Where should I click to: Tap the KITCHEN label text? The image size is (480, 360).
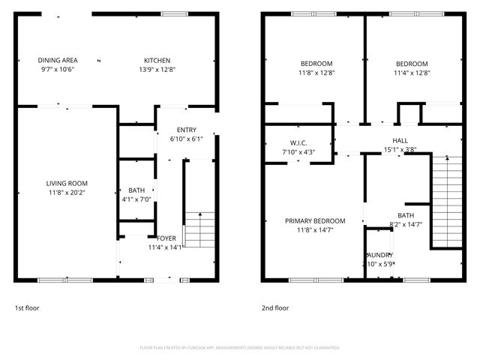pos(157,61)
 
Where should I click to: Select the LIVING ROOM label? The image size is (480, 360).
pos(67,183)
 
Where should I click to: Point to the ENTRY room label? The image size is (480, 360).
pos(186,130)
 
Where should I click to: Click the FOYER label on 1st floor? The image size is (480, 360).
pos(166,238)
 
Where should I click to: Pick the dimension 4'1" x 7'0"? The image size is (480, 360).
pos(136,199)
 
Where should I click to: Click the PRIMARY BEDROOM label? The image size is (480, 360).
pos(315,220)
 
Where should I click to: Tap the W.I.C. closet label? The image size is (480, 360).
pos(298,142)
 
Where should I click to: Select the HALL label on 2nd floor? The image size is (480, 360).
pos(400,140)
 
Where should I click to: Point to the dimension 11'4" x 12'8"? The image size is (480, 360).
pos(411,73)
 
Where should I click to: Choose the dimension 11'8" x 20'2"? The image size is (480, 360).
pos(67,192)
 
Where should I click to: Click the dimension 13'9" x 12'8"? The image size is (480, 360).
pos(157,70)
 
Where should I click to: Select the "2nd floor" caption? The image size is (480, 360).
pos(274,308)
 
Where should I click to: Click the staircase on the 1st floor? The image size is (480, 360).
pos(199,229)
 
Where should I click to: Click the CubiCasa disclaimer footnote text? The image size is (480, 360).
pos(240,348)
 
